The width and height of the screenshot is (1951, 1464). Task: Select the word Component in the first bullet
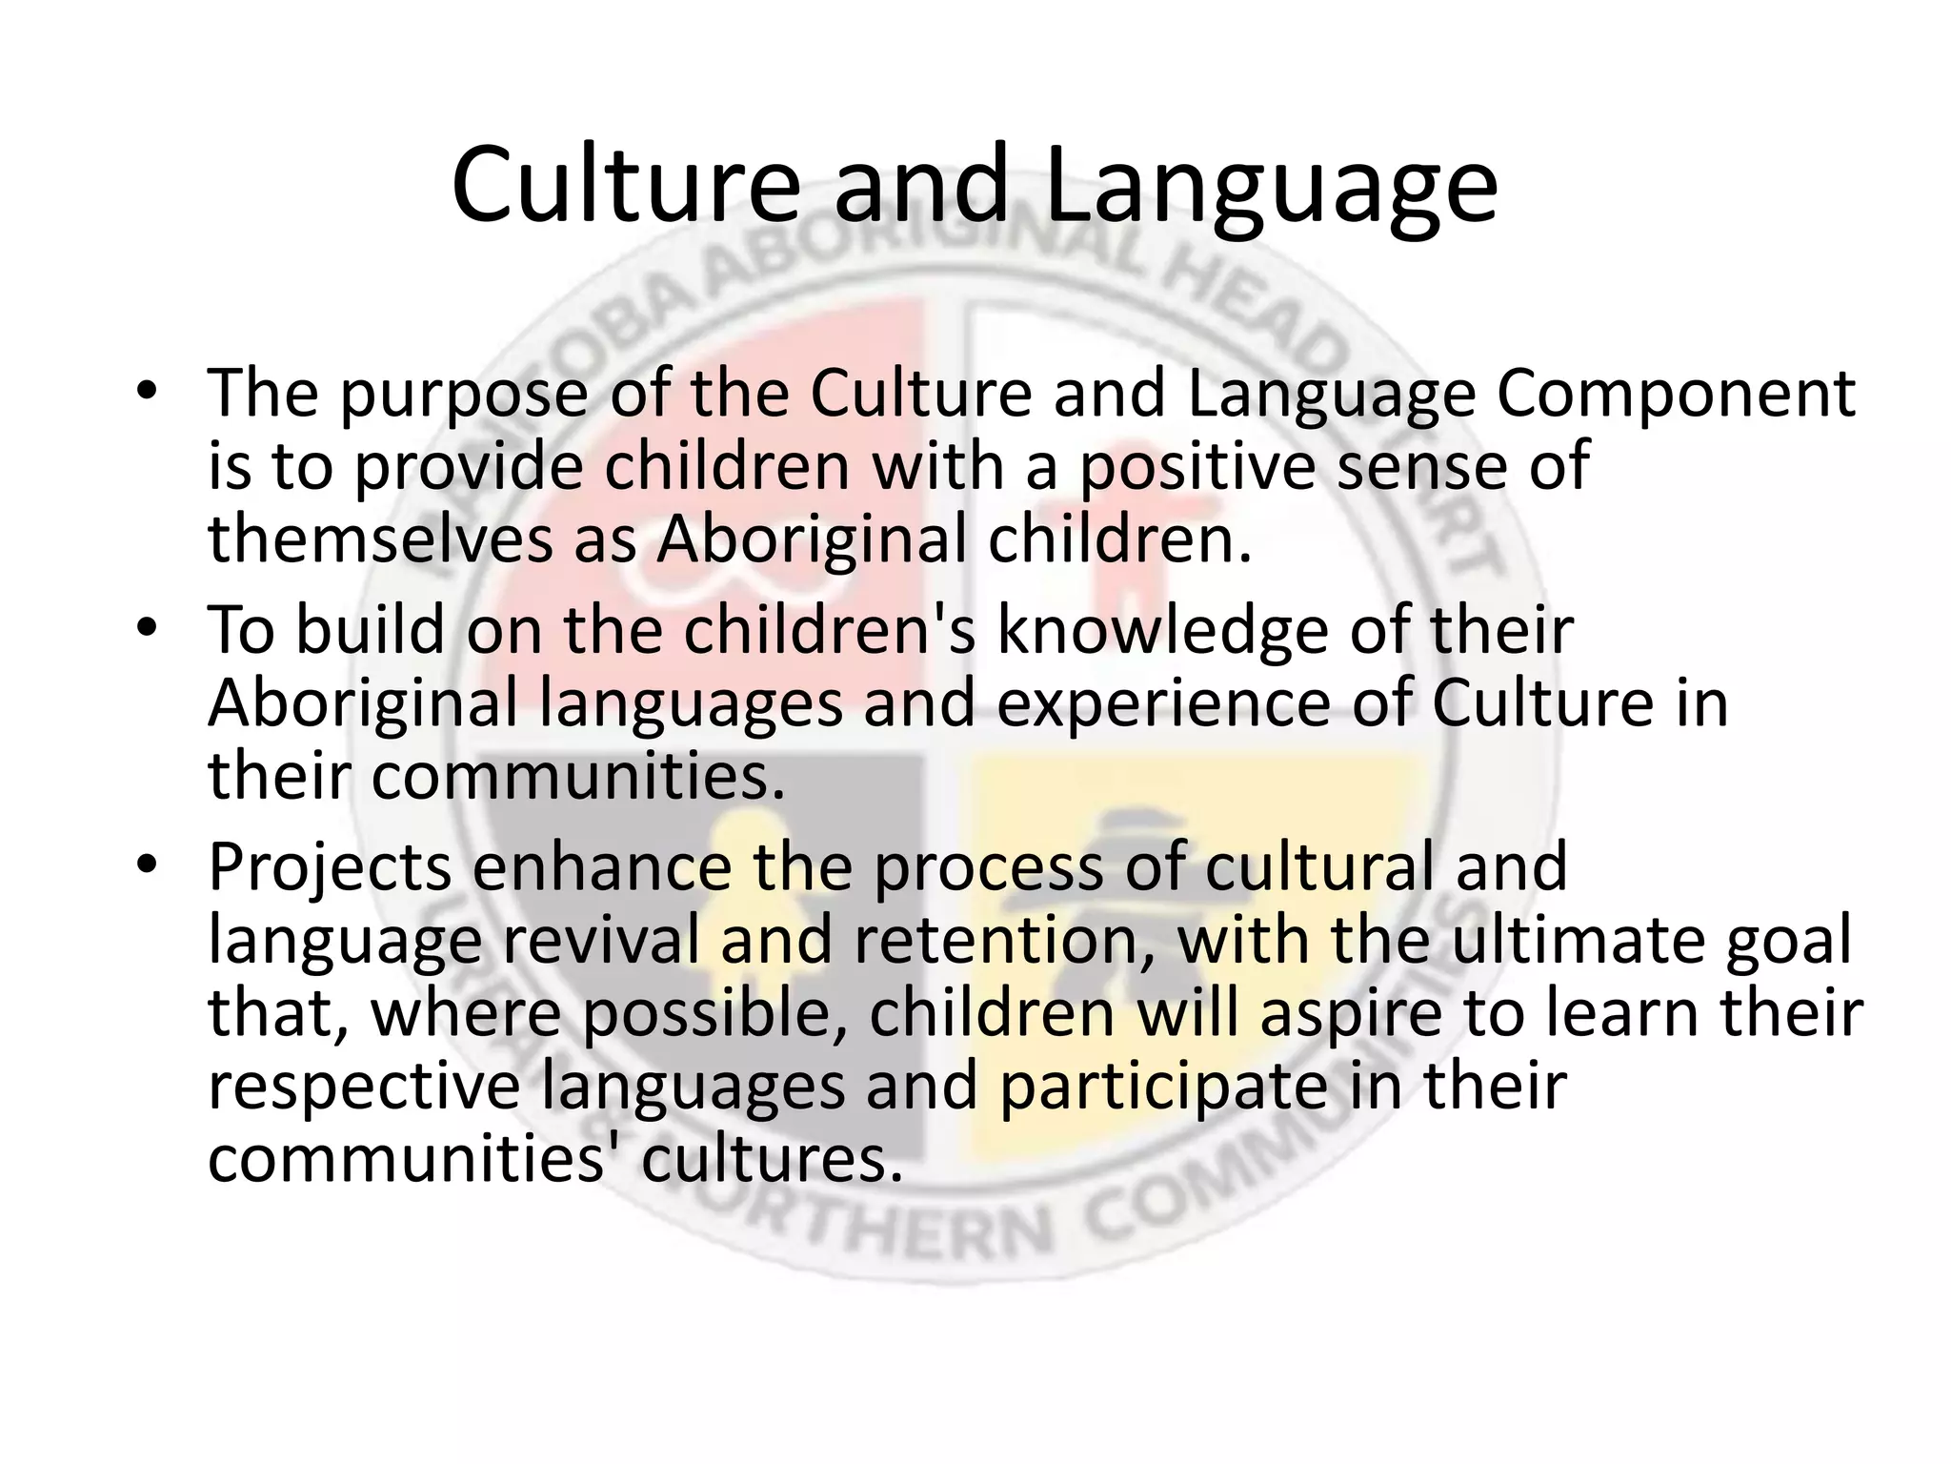tap(1676, 394)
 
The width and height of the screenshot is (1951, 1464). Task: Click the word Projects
tap(330, 869)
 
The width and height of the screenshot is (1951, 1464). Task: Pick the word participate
tap(1163, 1088)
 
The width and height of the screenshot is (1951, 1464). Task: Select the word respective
tap(363, 1088)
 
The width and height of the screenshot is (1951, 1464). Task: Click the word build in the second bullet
tap(371, 630)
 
